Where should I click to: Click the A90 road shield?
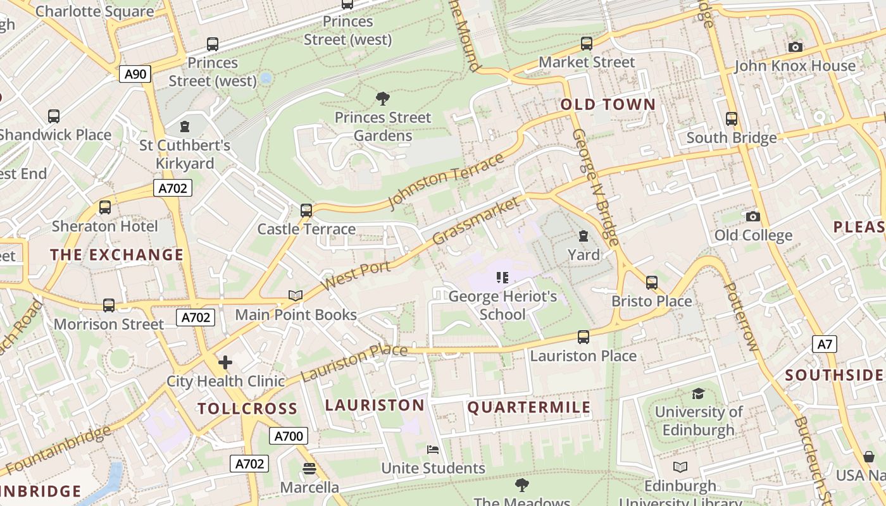pos(135,74)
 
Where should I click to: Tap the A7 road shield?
pos(825,344)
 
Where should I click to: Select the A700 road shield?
pos(289,435)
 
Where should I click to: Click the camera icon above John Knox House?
pos(796,47)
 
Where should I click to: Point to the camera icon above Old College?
pos(753,216)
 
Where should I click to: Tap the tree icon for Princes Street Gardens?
pos(382,98)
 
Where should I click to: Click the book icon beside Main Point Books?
pos(296,295)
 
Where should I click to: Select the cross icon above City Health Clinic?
pos(225,362)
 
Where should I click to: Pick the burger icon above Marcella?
pos(309,469)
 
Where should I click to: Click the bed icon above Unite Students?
pos(433,449)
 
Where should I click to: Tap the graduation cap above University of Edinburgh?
pos(698,393)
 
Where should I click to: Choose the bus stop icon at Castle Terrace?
pos(306,210)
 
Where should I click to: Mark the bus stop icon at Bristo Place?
pos(652,282)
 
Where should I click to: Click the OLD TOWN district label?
pos(608,104)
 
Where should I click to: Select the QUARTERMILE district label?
pos(529,407)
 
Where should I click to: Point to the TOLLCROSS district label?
pos(247,408)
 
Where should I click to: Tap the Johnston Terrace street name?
pos(446,180)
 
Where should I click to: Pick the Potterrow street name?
pos(740,316)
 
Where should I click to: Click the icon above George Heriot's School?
pos(503,277)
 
